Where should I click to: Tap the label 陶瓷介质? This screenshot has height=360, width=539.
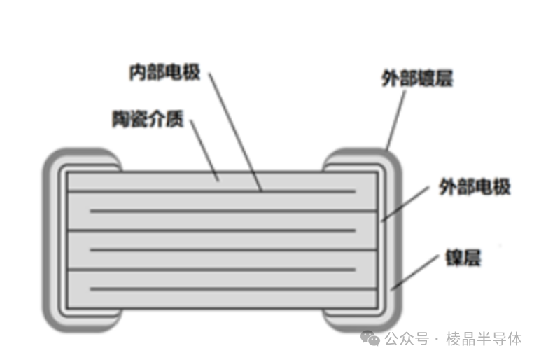click(x=148, y=118)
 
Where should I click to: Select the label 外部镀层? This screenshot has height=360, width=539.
click(x=417, y=78)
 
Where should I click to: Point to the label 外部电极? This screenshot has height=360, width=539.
click(x=474, y=187)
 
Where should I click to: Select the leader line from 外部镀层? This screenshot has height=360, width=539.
click(x=396, y=120)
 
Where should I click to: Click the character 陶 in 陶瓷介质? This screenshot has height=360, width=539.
click(x=120, y=118)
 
